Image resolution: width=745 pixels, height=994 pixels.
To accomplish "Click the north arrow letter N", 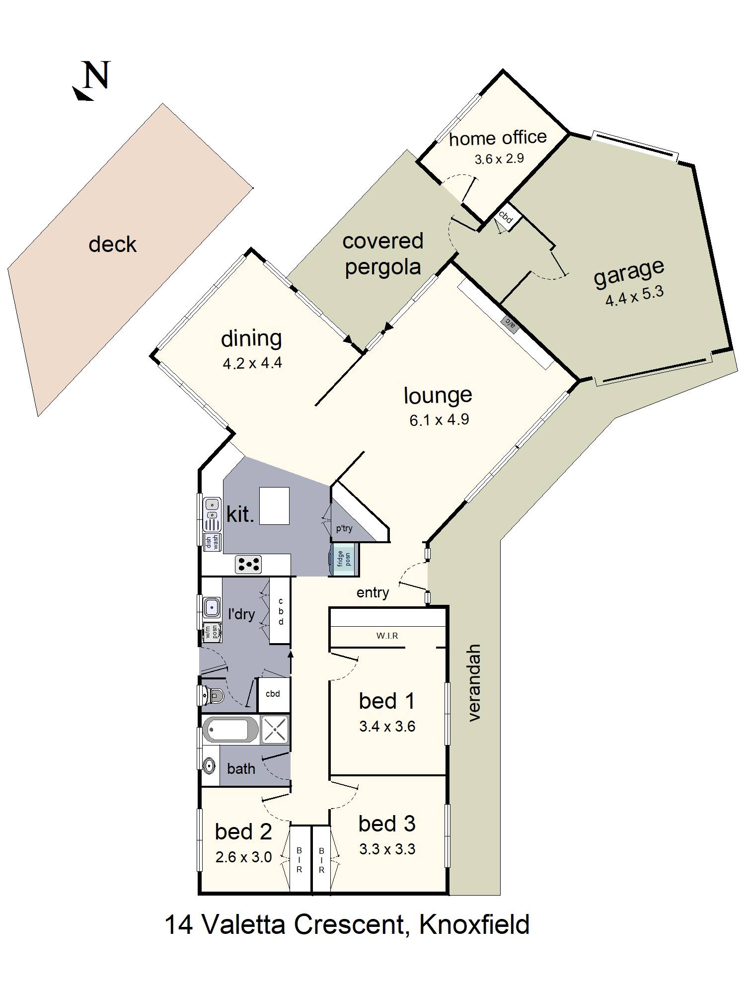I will [96, 76].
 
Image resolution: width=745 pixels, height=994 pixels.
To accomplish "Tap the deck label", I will [112, 245].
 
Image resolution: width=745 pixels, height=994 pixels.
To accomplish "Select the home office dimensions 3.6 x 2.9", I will [499, 159].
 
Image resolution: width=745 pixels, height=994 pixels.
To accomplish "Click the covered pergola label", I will [382, 254].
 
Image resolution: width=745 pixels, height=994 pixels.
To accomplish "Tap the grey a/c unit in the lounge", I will [511, 323].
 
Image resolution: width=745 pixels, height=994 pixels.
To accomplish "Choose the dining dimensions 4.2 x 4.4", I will [252, 363].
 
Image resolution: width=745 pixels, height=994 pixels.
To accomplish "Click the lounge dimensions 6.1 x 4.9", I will [439, 420].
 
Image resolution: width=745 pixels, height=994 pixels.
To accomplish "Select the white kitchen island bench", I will [274, 505].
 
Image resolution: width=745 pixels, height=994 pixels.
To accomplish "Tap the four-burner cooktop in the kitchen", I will [248, 564].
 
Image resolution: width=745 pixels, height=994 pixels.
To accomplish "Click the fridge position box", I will [344, 559].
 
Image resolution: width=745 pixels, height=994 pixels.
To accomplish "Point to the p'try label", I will [344, 528].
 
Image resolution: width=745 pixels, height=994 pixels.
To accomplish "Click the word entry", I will [372, 592].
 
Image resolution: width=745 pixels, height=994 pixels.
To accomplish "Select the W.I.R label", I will [387, 636].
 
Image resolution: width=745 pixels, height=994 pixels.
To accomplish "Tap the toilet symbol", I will [214, 694].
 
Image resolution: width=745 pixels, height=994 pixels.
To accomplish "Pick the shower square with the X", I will [275, 730].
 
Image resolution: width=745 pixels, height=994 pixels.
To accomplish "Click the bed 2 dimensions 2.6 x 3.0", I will [243, 857].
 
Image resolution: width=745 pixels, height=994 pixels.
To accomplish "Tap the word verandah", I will [474, 682].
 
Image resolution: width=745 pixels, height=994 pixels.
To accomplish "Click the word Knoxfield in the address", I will [474, 925].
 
